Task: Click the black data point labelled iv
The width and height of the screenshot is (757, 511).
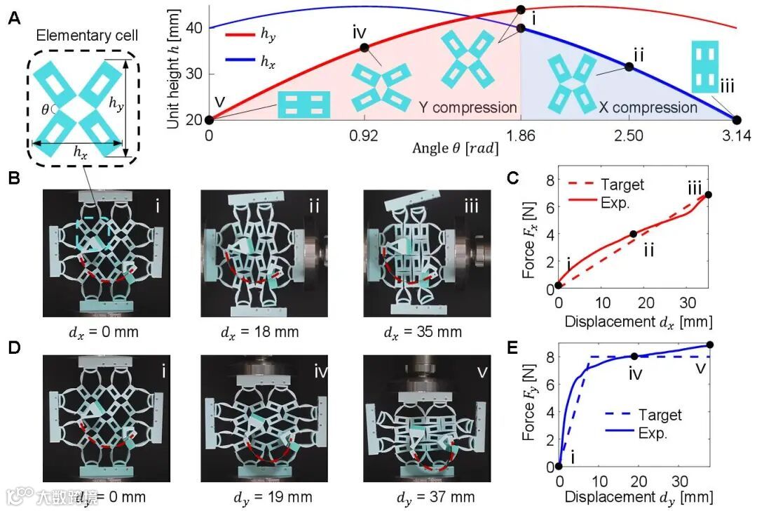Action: [364, 47]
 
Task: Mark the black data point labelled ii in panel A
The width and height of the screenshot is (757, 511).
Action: [629, 67]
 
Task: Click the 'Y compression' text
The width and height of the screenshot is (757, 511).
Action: [468, 107]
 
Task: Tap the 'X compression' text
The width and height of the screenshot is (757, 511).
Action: [648, 107]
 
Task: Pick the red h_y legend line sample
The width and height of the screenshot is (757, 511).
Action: [238, 32]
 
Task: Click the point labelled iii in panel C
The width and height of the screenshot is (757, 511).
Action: [709, 194]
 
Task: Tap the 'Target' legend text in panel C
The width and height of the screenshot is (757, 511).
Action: [623, 184]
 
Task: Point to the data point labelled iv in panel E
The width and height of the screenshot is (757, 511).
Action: [635, 356]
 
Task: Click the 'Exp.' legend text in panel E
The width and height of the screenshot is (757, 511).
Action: [653, 434]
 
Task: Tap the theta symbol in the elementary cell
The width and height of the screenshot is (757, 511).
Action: [44, 109]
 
